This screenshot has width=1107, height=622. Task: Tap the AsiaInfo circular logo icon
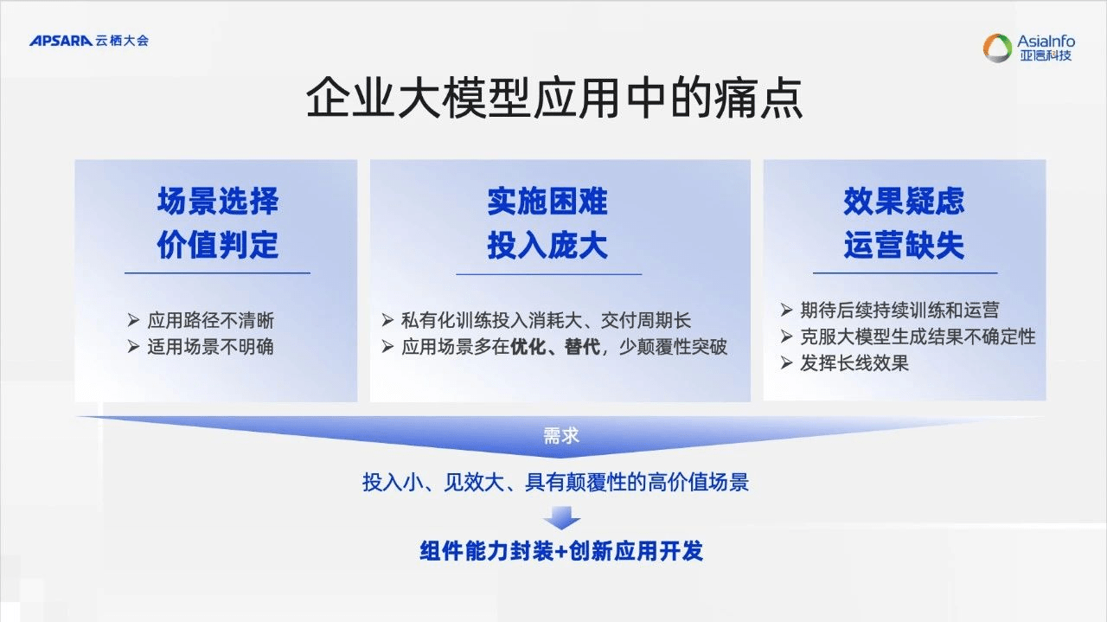pos(996,48)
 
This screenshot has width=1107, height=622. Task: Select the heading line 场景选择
pos(217,202)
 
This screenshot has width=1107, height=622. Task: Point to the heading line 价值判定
pos(217,246)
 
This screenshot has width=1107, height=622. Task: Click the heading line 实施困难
pos(547,202)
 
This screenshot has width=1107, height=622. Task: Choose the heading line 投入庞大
pos(547,246)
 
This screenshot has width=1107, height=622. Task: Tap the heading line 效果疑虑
pos(904,202)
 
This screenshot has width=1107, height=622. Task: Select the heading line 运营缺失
pos(904,246)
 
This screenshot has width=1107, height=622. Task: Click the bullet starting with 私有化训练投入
pos(545,320)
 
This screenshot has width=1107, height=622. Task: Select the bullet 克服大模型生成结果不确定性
pos(917,337)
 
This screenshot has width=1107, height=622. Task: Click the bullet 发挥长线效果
pos(854,363)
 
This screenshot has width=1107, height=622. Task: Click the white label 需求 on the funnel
pos(560,436)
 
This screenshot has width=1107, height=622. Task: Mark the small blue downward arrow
pos(561,518)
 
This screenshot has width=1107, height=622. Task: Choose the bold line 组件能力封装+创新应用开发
pos(561,551)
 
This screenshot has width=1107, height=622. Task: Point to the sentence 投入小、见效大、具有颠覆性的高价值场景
pos(555,483)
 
